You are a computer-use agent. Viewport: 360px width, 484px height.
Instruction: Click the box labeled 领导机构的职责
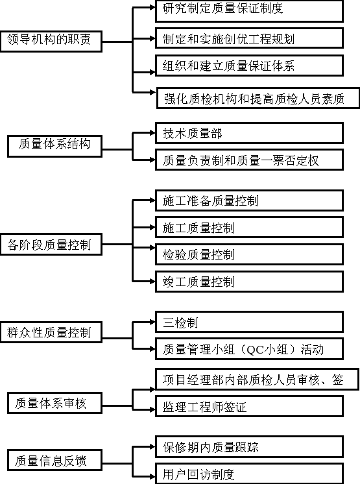coord(51,41)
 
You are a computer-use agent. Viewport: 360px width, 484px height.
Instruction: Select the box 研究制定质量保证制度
coord(249,11)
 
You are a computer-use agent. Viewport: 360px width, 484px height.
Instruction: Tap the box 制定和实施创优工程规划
coord(249,38)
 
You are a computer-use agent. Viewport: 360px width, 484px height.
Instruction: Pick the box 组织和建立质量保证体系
coord(249,66)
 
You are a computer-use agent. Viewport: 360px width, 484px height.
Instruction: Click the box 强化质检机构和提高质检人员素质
coord(258,98)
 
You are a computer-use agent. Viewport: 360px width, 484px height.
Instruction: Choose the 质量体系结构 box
coord(55,146)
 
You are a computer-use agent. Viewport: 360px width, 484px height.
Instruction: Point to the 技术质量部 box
coord(249,133)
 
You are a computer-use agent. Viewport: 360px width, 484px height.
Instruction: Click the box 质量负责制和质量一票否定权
coord(249,160)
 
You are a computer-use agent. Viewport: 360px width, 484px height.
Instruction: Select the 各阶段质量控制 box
coord(51,245)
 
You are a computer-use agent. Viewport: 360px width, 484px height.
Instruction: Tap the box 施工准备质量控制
coord(249,200)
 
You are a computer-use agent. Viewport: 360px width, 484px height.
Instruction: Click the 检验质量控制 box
coord(249,254)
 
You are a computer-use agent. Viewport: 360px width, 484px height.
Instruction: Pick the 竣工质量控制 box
coord(249,282)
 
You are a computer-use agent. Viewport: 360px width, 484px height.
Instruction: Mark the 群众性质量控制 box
coord(51,332)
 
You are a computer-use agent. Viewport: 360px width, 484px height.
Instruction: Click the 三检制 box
coord(249,322)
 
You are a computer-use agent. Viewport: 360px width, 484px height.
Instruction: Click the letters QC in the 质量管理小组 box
coord(256,350)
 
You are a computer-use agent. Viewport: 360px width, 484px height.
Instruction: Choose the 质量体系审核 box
coord(55,403)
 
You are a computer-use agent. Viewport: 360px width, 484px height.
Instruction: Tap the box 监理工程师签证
coord(249,406)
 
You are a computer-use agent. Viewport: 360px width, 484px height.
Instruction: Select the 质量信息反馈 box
coord(55,460)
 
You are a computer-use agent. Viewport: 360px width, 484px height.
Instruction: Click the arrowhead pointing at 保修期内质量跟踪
coord(152,446)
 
